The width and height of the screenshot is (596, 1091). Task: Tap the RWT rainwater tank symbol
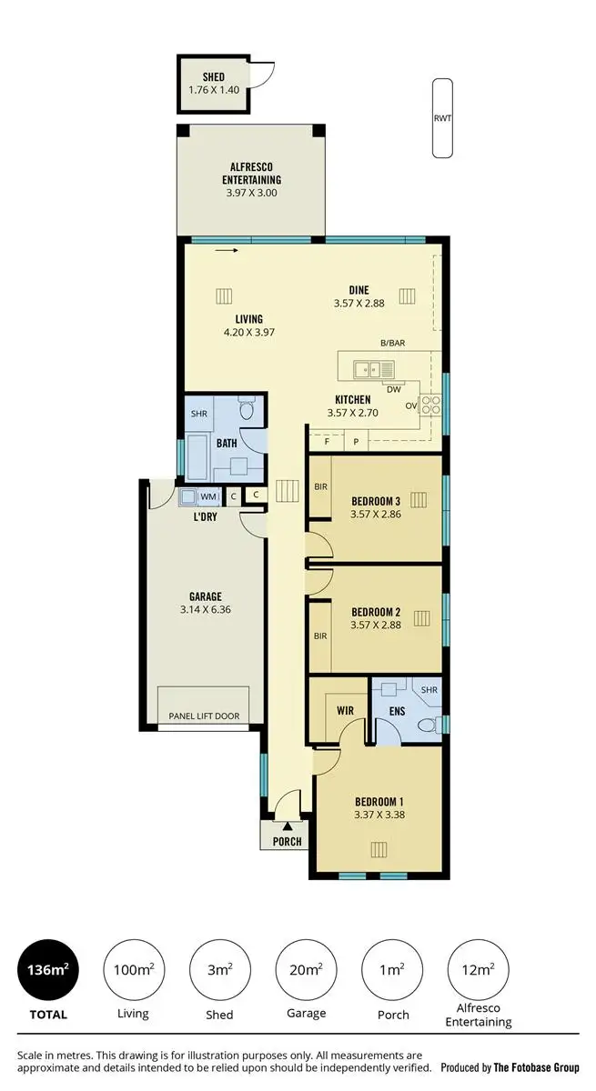(x=442, y=118)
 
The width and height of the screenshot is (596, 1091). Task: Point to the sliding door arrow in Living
(x=227, y=251)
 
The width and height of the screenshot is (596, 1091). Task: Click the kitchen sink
(x=374, y=368)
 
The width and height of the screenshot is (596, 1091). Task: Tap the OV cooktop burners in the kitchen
(x=430, y=405)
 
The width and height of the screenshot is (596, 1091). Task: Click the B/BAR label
(x=392, y=343)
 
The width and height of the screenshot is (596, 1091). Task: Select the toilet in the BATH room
(x=246, y=412)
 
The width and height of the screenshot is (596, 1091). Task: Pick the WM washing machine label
(x=208, y=496)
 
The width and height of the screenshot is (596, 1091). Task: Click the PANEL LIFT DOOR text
(x=204, y=716)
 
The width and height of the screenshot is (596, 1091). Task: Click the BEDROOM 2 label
(x=376, y=612)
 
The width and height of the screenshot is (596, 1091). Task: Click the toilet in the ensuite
(x=426, y=725)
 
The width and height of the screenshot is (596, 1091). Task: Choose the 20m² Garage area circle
(x=307, y=970)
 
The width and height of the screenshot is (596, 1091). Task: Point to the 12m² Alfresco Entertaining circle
(x=479, y=970)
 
